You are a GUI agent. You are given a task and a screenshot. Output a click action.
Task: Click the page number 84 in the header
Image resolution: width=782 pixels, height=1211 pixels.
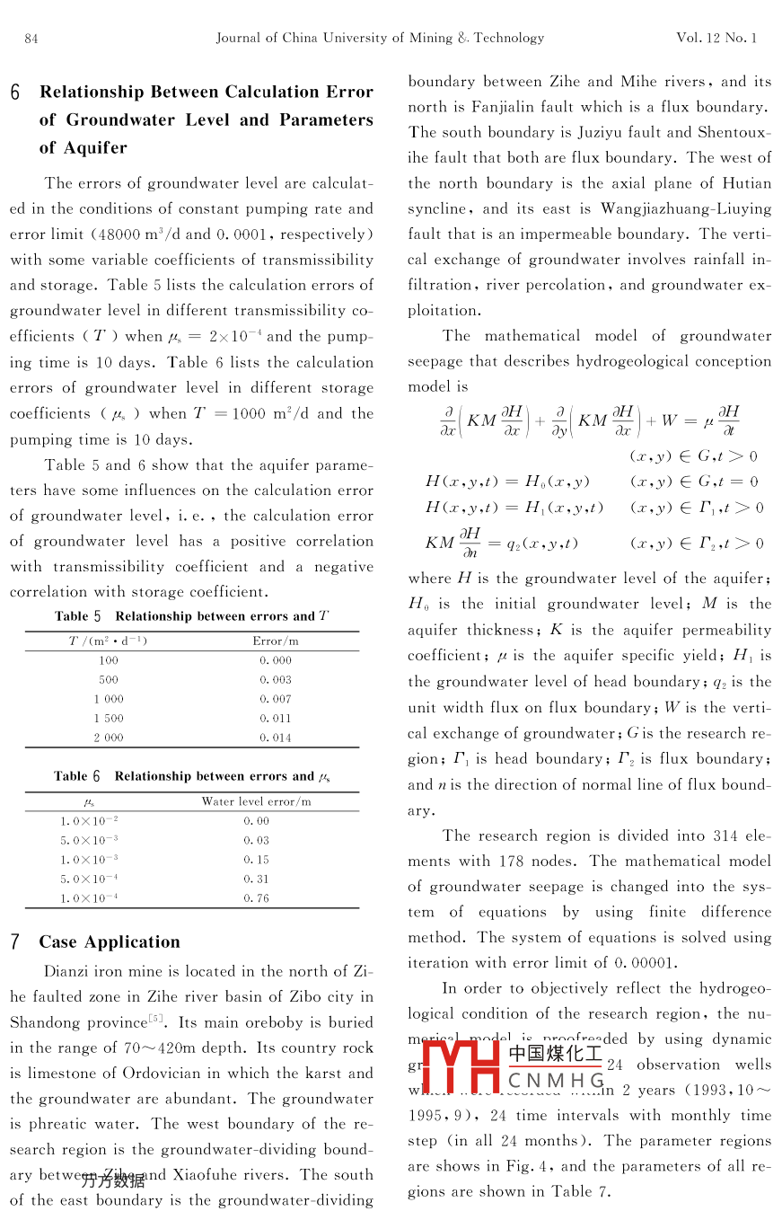(x=31, y=38)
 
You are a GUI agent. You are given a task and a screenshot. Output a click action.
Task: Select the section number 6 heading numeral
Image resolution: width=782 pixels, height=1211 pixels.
(x=16, y=93)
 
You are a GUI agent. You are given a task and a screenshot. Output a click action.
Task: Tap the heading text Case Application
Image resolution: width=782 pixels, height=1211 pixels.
(x=109, y=941)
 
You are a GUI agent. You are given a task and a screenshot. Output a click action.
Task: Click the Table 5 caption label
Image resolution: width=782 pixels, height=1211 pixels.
(x=77, y=616)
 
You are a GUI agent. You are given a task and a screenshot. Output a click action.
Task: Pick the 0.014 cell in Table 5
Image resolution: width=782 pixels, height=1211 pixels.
(x=276, y=738)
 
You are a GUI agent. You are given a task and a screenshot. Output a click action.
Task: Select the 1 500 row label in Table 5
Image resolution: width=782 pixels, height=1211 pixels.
(x=109, y=718)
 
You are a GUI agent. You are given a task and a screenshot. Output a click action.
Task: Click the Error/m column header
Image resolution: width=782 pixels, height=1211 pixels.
(x=276, y=641)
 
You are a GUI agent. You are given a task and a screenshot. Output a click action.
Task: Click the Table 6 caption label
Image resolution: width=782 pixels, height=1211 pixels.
(x=77, y=776)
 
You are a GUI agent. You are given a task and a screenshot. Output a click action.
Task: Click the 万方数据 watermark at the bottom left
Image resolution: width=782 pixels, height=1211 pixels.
(x=112, y=1180)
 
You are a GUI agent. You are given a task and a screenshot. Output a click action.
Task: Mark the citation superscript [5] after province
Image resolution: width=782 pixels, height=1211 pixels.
(x=155, y=1018)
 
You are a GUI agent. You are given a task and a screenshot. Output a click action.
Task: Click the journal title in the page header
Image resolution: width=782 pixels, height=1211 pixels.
(x=380, y=38)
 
